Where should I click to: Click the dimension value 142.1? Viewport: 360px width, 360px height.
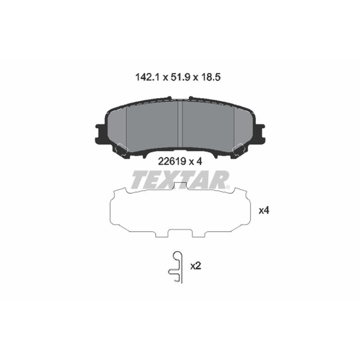point(147,77)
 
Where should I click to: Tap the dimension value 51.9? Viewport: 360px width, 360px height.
point(180,77)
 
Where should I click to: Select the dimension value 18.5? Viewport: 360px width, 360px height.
point(211,77)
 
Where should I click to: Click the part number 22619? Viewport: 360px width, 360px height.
point(172,162)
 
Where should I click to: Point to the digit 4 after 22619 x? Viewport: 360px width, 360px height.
point(199,162)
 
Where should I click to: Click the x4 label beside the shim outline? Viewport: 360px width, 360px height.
point(264,210)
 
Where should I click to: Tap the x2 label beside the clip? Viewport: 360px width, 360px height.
point(196,266)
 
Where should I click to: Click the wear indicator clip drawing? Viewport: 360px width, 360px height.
point(176,267)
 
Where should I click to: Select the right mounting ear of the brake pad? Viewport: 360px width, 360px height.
point(260,134)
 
